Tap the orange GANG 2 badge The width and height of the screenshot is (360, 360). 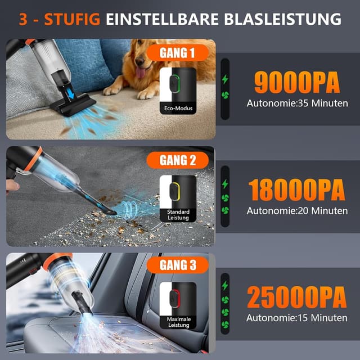(178, 160)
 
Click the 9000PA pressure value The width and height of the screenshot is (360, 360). (296, 82)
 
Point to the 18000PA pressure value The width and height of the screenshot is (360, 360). (296, 190)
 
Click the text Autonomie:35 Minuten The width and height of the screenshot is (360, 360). (296, 103)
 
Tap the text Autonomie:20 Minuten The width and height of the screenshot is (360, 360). (296, 211)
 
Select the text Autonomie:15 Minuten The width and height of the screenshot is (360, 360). (296, 318)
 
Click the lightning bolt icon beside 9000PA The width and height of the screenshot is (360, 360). (226, 79)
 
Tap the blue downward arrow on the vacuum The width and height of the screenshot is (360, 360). (71, 93)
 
